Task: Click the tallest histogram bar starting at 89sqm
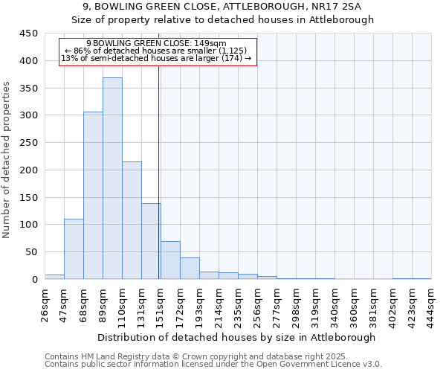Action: [x=112, y=179]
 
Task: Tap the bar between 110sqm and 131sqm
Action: [x=132, y=220]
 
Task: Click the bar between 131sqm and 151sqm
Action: [x=151, y=241]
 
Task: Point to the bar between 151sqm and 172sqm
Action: [x=170, y=260]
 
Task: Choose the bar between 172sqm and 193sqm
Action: [x=190, y=269]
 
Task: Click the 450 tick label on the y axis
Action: [x=28, y=33]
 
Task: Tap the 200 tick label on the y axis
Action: [x=28, y=170]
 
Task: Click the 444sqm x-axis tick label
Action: [x=431, y=303]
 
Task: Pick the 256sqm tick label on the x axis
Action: [x=258, y=303]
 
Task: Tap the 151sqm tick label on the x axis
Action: [x=161, y=303]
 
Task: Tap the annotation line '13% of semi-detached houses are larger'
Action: [x=156, y=58]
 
